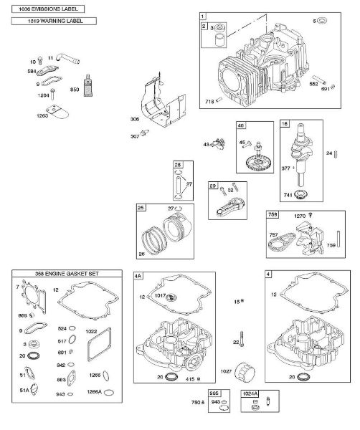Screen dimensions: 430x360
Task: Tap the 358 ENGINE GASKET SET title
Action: pos(61,274)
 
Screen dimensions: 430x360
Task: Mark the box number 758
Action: pos(273,214)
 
